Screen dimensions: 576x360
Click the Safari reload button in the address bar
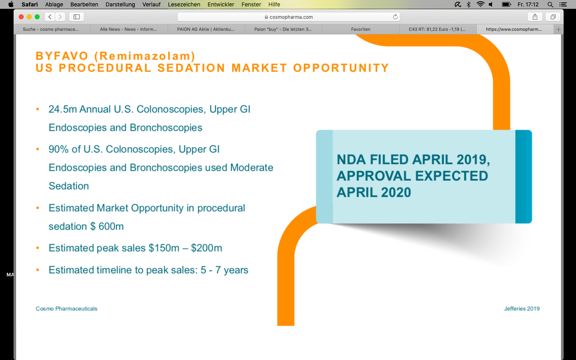point(395,17)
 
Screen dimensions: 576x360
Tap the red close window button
point(21,17)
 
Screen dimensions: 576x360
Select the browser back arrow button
point(50,17)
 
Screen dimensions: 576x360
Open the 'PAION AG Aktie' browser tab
point(206,29)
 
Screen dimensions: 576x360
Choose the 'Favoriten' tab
point(360,29)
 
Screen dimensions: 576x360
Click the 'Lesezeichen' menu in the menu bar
point(184,4)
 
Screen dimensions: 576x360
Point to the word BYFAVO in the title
point(62,56)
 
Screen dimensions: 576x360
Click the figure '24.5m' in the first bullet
point(63,109)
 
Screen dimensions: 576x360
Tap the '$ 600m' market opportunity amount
point(107,226)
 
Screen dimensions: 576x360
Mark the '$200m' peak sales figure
point(206,248)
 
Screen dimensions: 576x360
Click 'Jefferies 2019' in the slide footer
point(522,308)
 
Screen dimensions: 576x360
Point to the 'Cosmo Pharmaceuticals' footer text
point(66,308)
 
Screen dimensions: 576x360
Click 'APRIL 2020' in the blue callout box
point(374,192)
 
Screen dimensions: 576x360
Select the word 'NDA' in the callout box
point(351,160)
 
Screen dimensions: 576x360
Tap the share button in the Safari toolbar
point(535,17)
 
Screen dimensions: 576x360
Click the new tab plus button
point(558,29)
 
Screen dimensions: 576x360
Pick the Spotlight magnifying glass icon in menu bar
point(550,4)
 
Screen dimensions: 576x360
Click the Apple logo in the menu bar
point(11,4)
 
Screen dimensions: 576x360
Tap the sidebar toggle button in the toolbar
point(77,17)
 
